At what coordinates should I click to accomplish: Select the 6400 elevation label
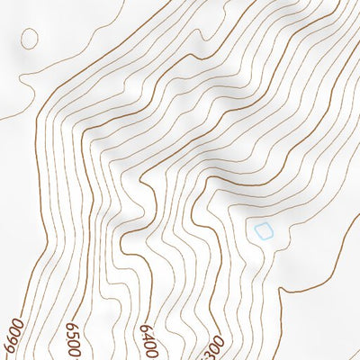coord(149,339)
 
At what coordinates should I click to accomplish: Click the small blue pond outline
coord(263,231)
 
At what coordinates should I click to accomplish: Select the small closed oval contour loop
coord(30,38)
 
